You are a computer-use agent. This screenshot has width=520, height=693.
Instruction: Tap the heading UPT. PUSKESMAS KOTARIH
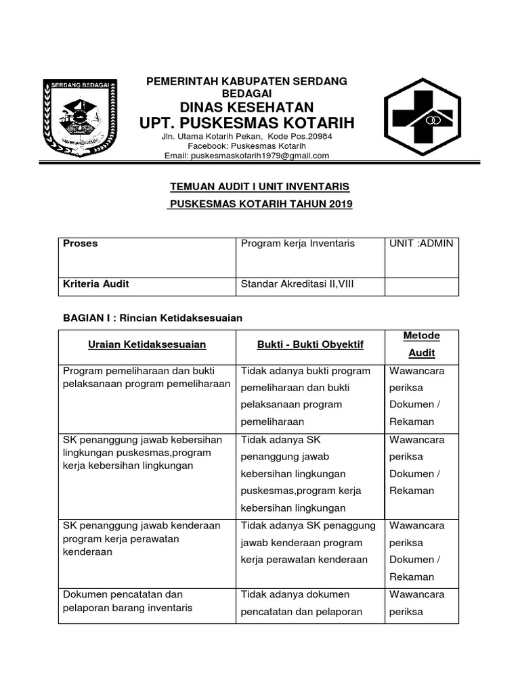point(246,123)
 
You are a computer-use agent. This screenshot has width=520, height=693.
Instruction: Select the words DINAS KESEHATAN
point(246,107)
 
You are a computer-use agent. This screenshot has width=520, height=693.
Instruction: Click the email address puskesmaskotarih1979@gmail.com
point(246,156)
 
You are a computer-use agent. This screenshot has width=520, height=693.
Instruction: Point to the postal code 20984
point(316,136)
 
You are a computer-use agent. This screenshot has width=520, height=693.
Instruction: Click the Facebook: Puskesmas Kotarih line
point(246,146)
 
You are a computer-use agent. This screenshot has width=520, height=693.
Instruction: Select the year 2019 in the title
point(341,204)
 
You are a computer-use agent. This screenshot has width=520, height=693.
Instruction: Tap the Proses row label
point(80,244)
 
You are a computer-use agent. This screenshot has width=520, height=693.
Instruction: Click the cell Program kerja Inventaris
point(297,244)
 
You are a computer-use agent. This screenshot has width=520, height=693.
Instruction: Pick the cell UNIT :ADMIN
point(421,244)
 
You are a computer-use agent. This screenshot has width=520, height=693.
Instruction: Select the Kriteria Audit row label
point(95,284)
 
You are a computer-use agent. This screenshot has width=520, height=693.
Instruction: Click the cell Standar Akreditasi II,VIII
point(297,284)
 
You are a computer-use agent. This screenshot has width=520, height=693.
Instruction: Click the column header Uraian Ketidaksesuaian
point(147,344)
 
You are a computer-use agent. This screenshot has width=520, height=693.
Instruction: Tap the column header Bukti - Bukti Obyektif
point(310,344)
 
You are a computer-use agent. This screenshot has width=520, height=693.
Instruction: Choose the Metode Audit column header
point(421,344)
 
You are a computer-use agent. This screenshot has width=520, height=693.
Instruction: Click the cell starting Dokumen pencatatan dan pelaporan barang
point(127,601)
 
